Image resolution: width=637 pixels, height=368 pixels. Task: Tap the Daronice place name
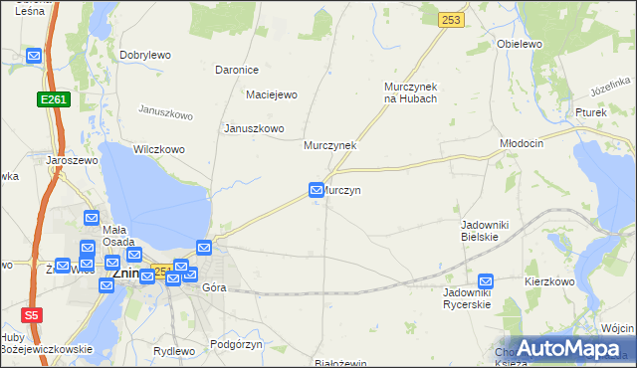237,70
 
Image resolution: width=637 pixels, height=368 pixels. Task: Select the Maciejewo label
272,94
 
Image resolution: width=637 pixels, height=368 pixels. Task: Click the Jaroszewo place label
69,159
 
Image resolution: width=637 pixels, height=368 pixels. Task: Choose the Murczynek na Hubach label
411,92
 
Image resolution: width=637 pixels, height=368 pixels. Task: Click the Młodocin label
522,143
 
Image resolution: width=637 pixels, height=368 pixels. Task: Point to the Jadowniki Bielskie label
486,231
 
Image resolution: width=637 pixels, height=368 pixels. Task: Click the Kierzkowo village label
550,281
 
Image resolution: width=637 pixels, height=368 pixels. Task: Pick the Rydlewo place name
175,351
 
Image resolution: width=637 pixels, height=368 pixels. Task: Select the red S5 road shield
32,314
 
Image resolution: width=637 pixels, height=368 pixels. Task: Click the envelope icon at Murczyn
317,189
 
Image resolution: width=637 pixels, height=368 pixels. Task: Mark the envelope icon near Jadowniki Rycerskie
486,281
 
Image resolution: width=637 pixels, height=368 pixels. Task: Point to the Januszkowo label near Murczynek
254,128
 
